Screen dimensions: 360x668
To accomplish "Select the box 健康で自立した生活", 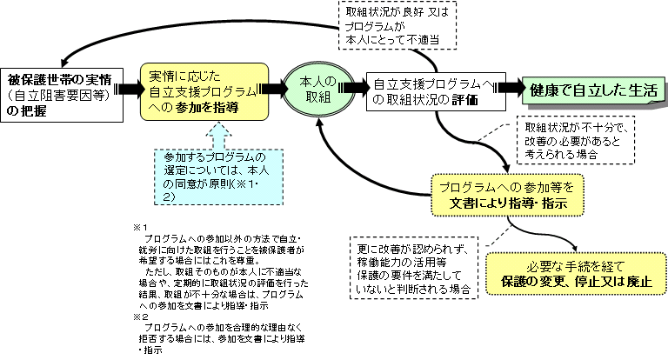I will (593, 88).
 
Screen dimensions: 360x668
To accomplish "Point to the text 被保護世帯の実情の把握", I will (57, 90).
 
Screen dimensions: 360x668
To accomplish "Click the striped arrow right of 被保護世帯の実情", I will (128, 90).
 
